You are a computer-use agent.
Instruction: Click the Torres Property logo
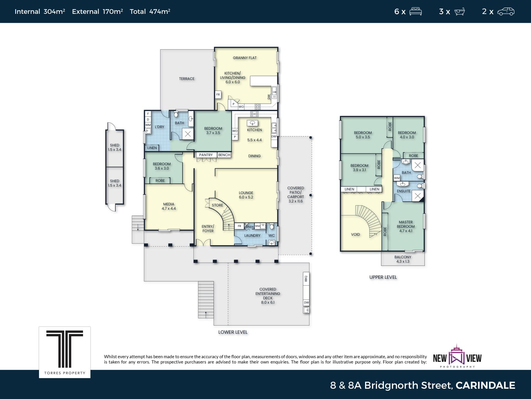(65, 352)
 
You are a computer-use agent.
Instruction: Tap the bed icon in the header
(415, 11)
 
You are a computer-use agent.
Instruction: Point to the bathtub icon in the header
(459, 11)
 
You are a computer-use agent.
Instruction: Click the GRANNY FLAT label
(245, 58)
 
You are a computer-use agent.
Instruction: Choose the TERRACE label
(187, 79)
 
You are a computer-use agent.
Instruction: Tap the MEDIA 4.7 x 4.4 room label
(169, 206)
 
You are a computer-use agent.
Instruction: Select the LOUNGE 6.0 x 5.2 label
(246, 195)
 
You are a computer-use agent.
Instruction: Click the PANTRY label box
(206, 155)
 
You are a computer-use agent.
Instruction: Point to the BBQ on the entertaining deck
(306, 278)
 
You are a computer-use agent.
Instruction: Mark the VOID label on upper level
(355, 234)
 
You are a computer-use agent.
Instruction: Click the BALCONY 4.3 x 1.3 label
(403, 259)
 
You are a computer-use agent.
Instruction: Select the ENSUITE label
(404, 191)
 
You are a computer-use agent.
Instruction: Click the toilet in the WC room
(272, 227)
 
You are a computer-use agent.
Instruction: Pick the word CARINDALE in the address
(485, 385)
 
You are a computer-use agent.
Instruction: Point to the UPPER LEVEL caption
(383, 277)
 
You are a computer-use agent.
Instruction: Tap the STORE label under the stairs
(217, 205)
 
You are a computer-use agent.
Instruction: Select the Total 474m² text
(150, 11)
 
